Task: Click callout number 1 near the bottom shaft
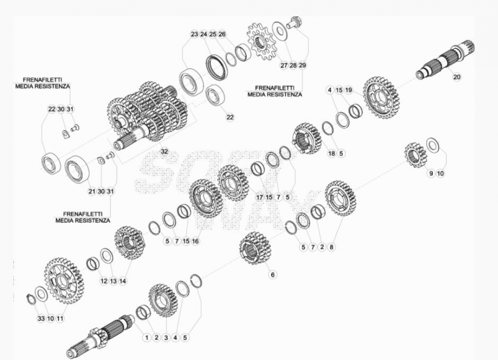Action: [x=147, y=338]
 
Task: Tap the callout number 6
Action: [x=272, y=275]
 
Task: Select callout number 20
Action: [x=457, y=77]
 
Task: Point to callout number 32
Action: [x=164, y=151]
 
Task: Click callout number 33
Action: [x=41, y=318]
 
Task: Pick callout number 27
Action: [x=284, y=65]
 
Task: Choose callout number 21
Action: [x=92, y=191]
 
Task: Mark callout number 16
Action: [x=195, y=241]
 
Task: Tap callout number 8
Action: [x=331, y=247]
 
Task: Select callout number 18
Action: [x=332, y=153]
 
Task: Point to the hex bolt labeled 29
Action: [x=294, y=23]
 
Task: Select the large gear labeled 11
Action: [x=64, y=281]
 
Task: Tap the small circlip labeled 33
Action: [x=31, y=299]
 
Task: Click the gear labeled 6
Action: [x=255, y=248]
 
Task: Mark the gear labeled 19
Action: [x=381, y=97]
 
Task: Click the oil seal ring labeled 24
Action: [x=216, y=67]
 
